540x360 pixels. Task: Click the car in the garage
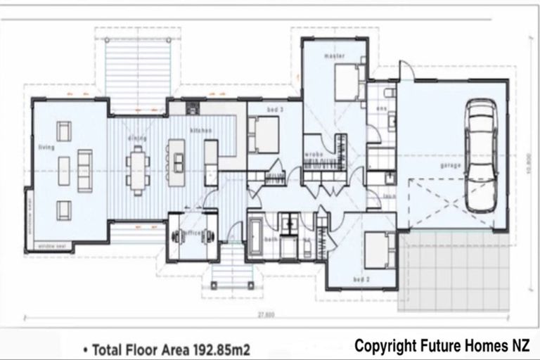481,156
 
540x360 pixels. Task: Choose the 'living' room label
46,147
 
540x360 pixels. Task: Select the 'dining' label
136,139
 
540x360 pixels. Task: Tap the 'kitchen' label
200,131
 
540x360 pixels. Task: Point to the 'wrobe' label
314,153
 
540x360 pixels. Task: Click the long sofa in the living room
84,170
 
